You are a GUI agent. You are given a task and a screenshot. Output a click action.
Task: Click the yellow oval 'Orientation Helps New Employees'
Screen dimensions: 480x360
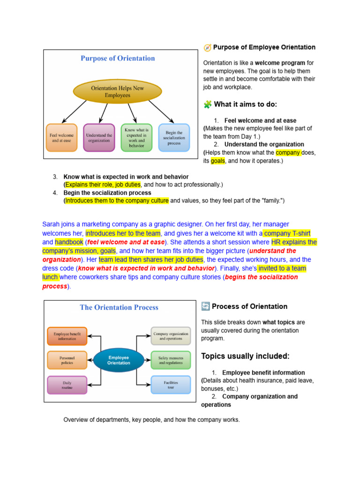[x=117, y=91]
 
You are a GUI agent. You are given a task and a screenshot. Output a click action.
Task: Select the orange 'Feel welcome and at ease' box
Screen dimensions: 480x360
[x=61, y=137]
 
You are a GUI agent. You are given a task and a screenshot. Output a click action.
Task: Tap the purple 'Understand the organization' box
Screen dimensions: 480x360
[x=99, y=137]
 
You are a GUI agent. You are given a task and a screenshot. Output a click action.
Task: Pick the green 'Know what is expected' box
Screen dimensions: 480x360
[x=136, y=137]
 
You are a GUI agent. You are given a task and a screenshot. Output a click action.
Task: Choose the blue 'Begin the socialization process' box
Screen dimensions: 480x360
[x=174, y=137]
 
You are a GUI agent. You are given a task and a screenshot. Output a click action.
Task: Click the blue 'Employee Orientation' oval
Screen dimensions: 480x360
[x=119, y=360]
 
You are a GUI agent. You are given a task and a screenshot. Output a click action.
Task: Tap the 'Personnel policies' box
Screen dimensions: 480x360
[x=67, y=360]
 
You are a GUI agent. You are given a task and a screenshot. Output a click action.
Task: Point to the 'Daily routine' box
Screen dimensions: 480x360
[x=67, y=385]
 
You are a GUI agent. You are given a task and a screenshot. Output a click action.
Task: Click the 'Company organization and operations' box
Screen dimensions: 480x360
[x=171, y=336]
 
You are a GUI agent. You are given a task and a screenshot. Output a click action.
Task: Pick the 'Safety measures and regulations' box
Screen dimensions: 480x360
[x=171, y=360]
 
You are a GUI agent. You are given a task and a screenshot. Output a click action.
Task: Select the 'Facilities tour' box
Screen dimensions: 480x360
[x=171, y=385]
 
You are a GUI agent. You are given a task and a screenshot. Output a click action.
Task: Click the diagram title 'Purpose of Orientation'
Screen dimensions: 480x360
[x=118, y=59]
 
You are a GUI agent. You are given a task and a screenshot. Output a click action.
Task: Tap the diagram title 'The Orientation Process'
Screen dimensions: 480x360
[x=119, y=307]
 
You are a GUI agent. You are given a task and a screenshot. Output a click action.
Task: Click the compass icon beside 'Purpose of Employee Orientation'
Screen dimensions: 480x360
[x=207, y=47]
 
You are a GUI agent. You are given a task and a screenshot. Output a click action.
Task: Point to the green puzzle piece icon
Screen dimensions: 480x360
[x=207, y=104]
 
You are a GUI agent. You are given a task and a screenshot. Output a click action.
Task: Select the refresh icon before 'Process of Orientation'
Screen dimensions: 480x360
[x=205, y=307]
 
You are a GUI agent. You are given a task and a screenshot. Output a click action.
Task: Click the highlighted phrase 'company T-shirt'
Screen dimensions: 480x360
[x=287, y=233]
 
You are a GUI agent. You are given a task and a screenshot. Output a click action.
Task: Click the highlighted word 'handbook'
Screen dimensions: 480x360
[x=69, y=242]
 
